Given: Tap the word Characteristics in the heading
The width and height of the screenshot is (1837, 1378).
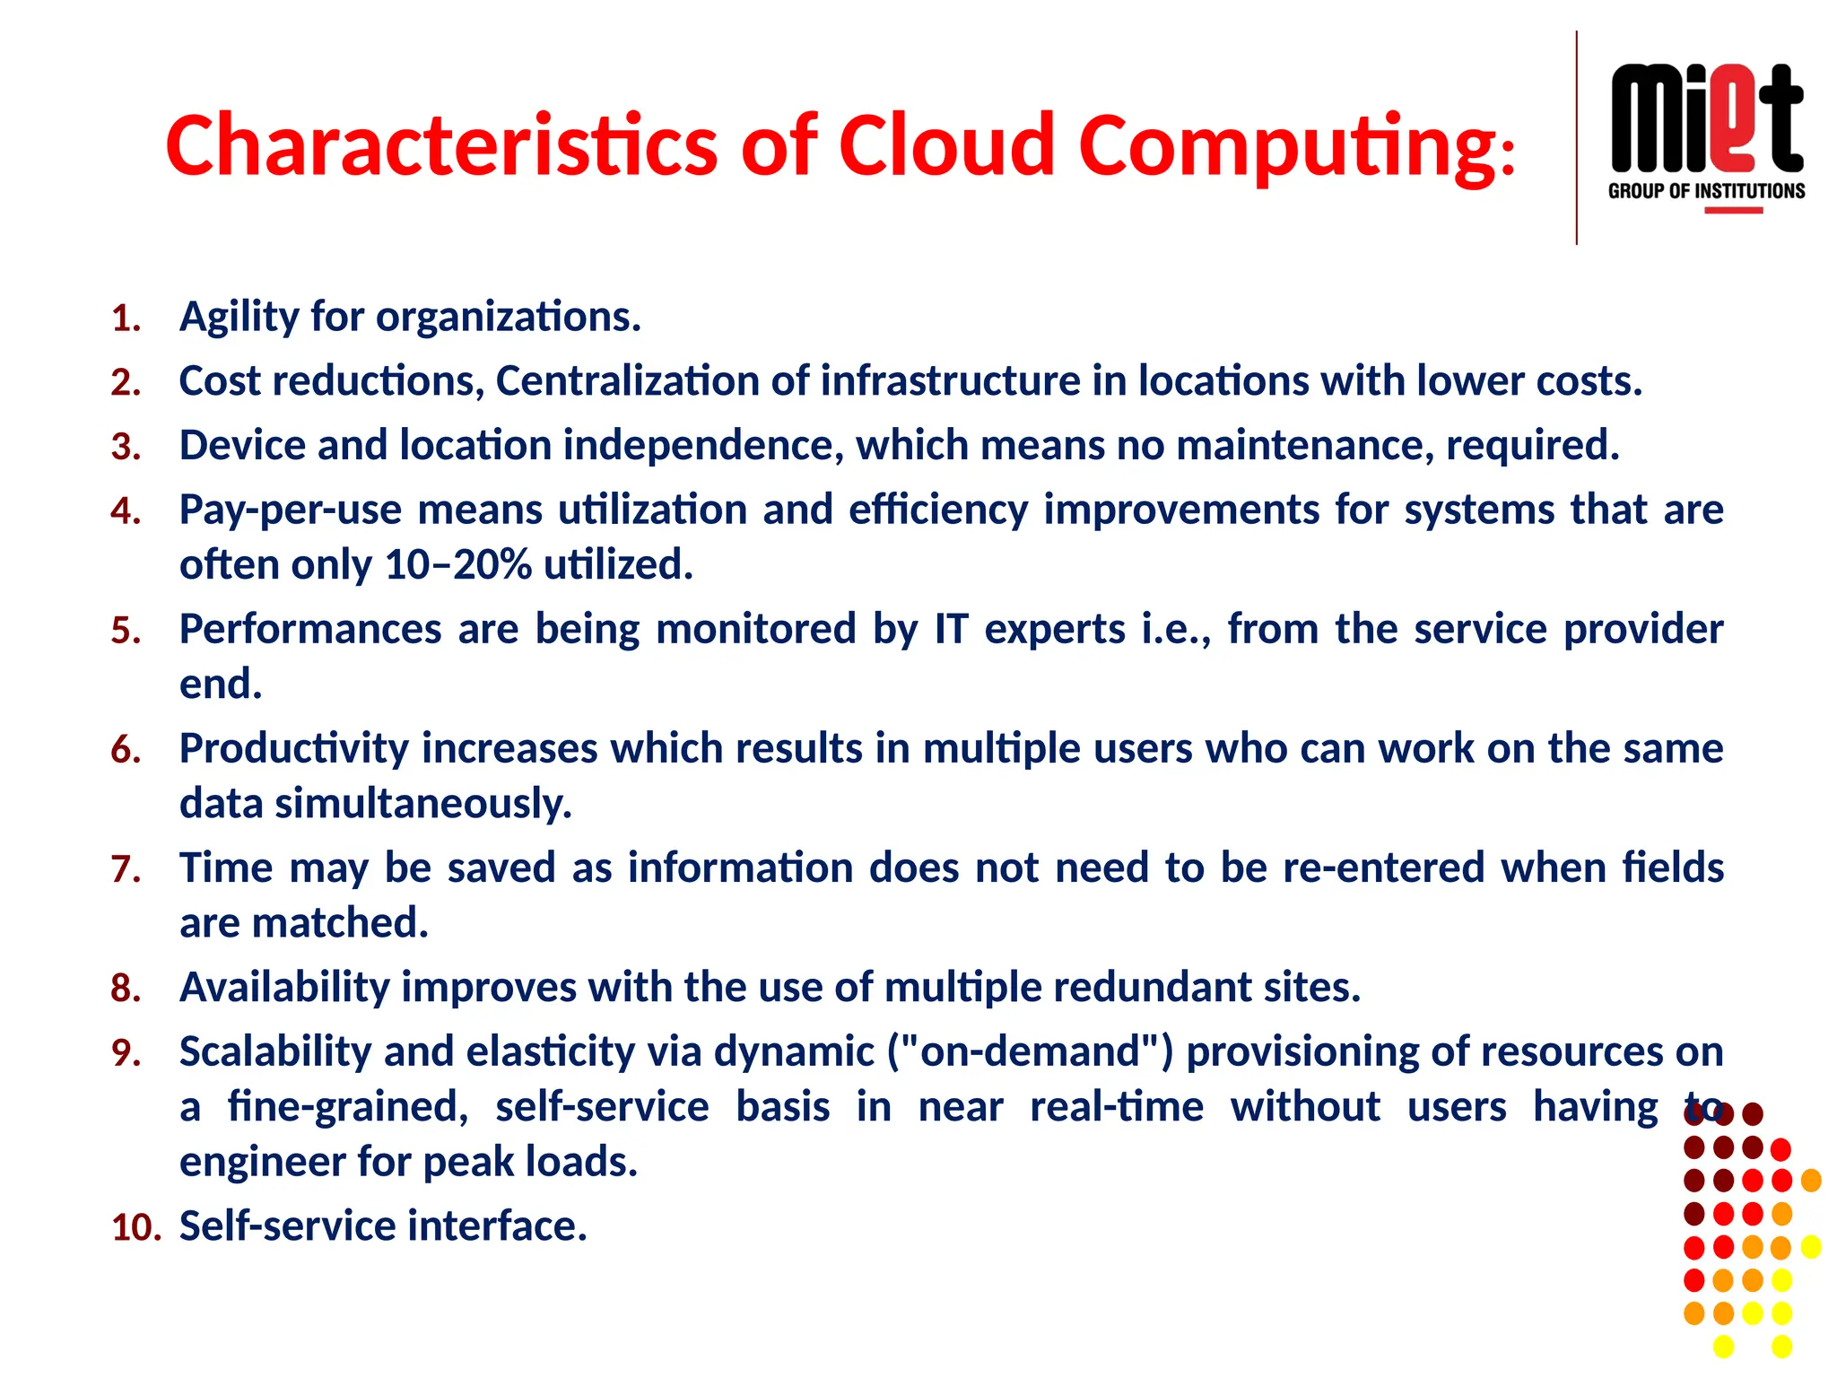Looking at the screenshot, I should pyautogui.click(x=441, y=145).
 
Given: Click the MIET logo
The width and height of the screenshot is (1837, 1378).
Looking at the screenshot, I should pyautogui.click(x=1706, y=118).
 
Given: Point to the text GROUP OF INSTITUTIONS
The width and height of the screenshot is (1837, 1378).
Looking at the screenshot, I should pyautogui.click(x=1706, y=191).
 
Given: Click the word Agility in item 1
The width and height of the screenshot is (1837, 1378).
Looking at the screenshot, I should pyautogui.click(x=239, y=318).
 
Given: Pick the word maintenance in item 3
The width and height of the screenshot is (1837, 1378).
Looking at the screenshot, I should pyautogui.click(x=1304, y=446).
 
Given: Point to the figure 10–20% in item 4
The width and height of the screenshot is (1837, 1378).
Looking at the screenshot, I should pyautogui.click(x=457, y=565).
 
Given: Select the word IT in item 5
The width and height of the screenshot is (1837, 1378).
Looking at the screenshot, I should pyautogui.click(x=951, y=629).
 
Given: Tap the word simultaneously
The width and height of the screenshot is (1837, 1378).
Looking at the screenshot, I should pyautogui.click(x=423, y=804).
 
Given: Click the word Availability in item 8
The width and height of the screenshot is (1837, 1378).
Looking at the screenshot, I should pyautogui.click(x=284, y=988).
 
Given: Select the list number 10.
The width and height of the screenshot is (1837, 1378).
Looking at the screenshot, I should pyautogui.click(x=135, y=1227).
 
